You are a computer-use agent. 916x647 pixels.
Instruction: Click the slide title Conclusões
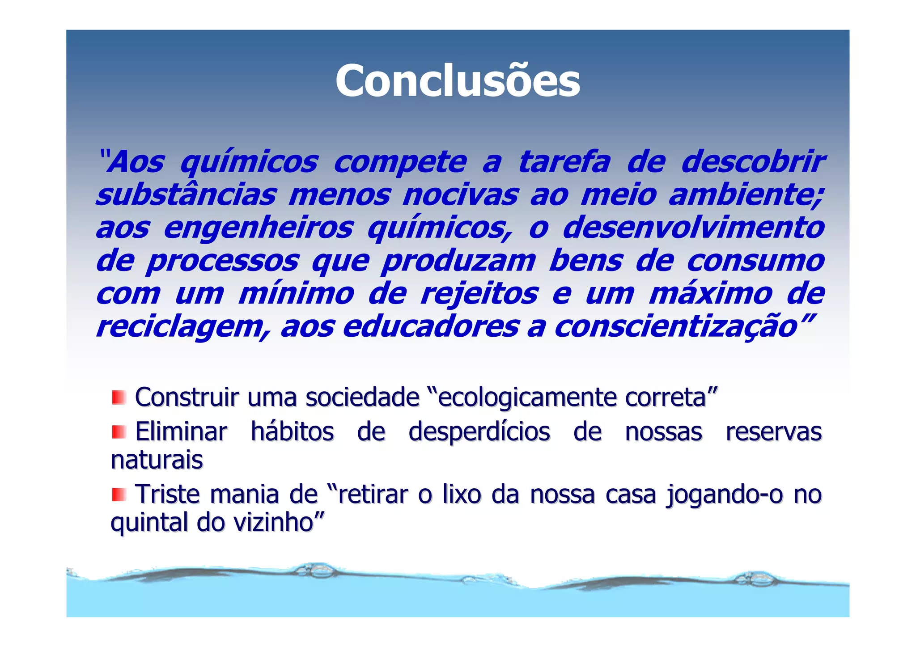coord(458,81)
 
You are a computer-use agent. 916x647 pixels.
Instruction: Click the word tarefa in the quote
coord(564,162)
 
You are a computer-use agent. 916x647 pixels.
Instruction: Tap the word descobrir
coord(752,162)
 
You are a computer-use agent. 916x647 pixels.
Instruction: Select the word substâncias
coord(186,195)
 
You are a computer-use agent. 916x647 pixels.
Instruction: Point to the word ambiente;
coord(746,195)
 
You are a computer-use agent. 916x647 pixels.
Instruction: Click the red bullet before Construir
coord(119,397)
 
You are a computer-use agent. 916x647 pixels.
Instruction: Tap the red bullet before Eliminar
coord(119,432)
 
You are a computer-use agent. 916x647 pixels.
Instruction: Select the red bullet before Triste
coord(119,495)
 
